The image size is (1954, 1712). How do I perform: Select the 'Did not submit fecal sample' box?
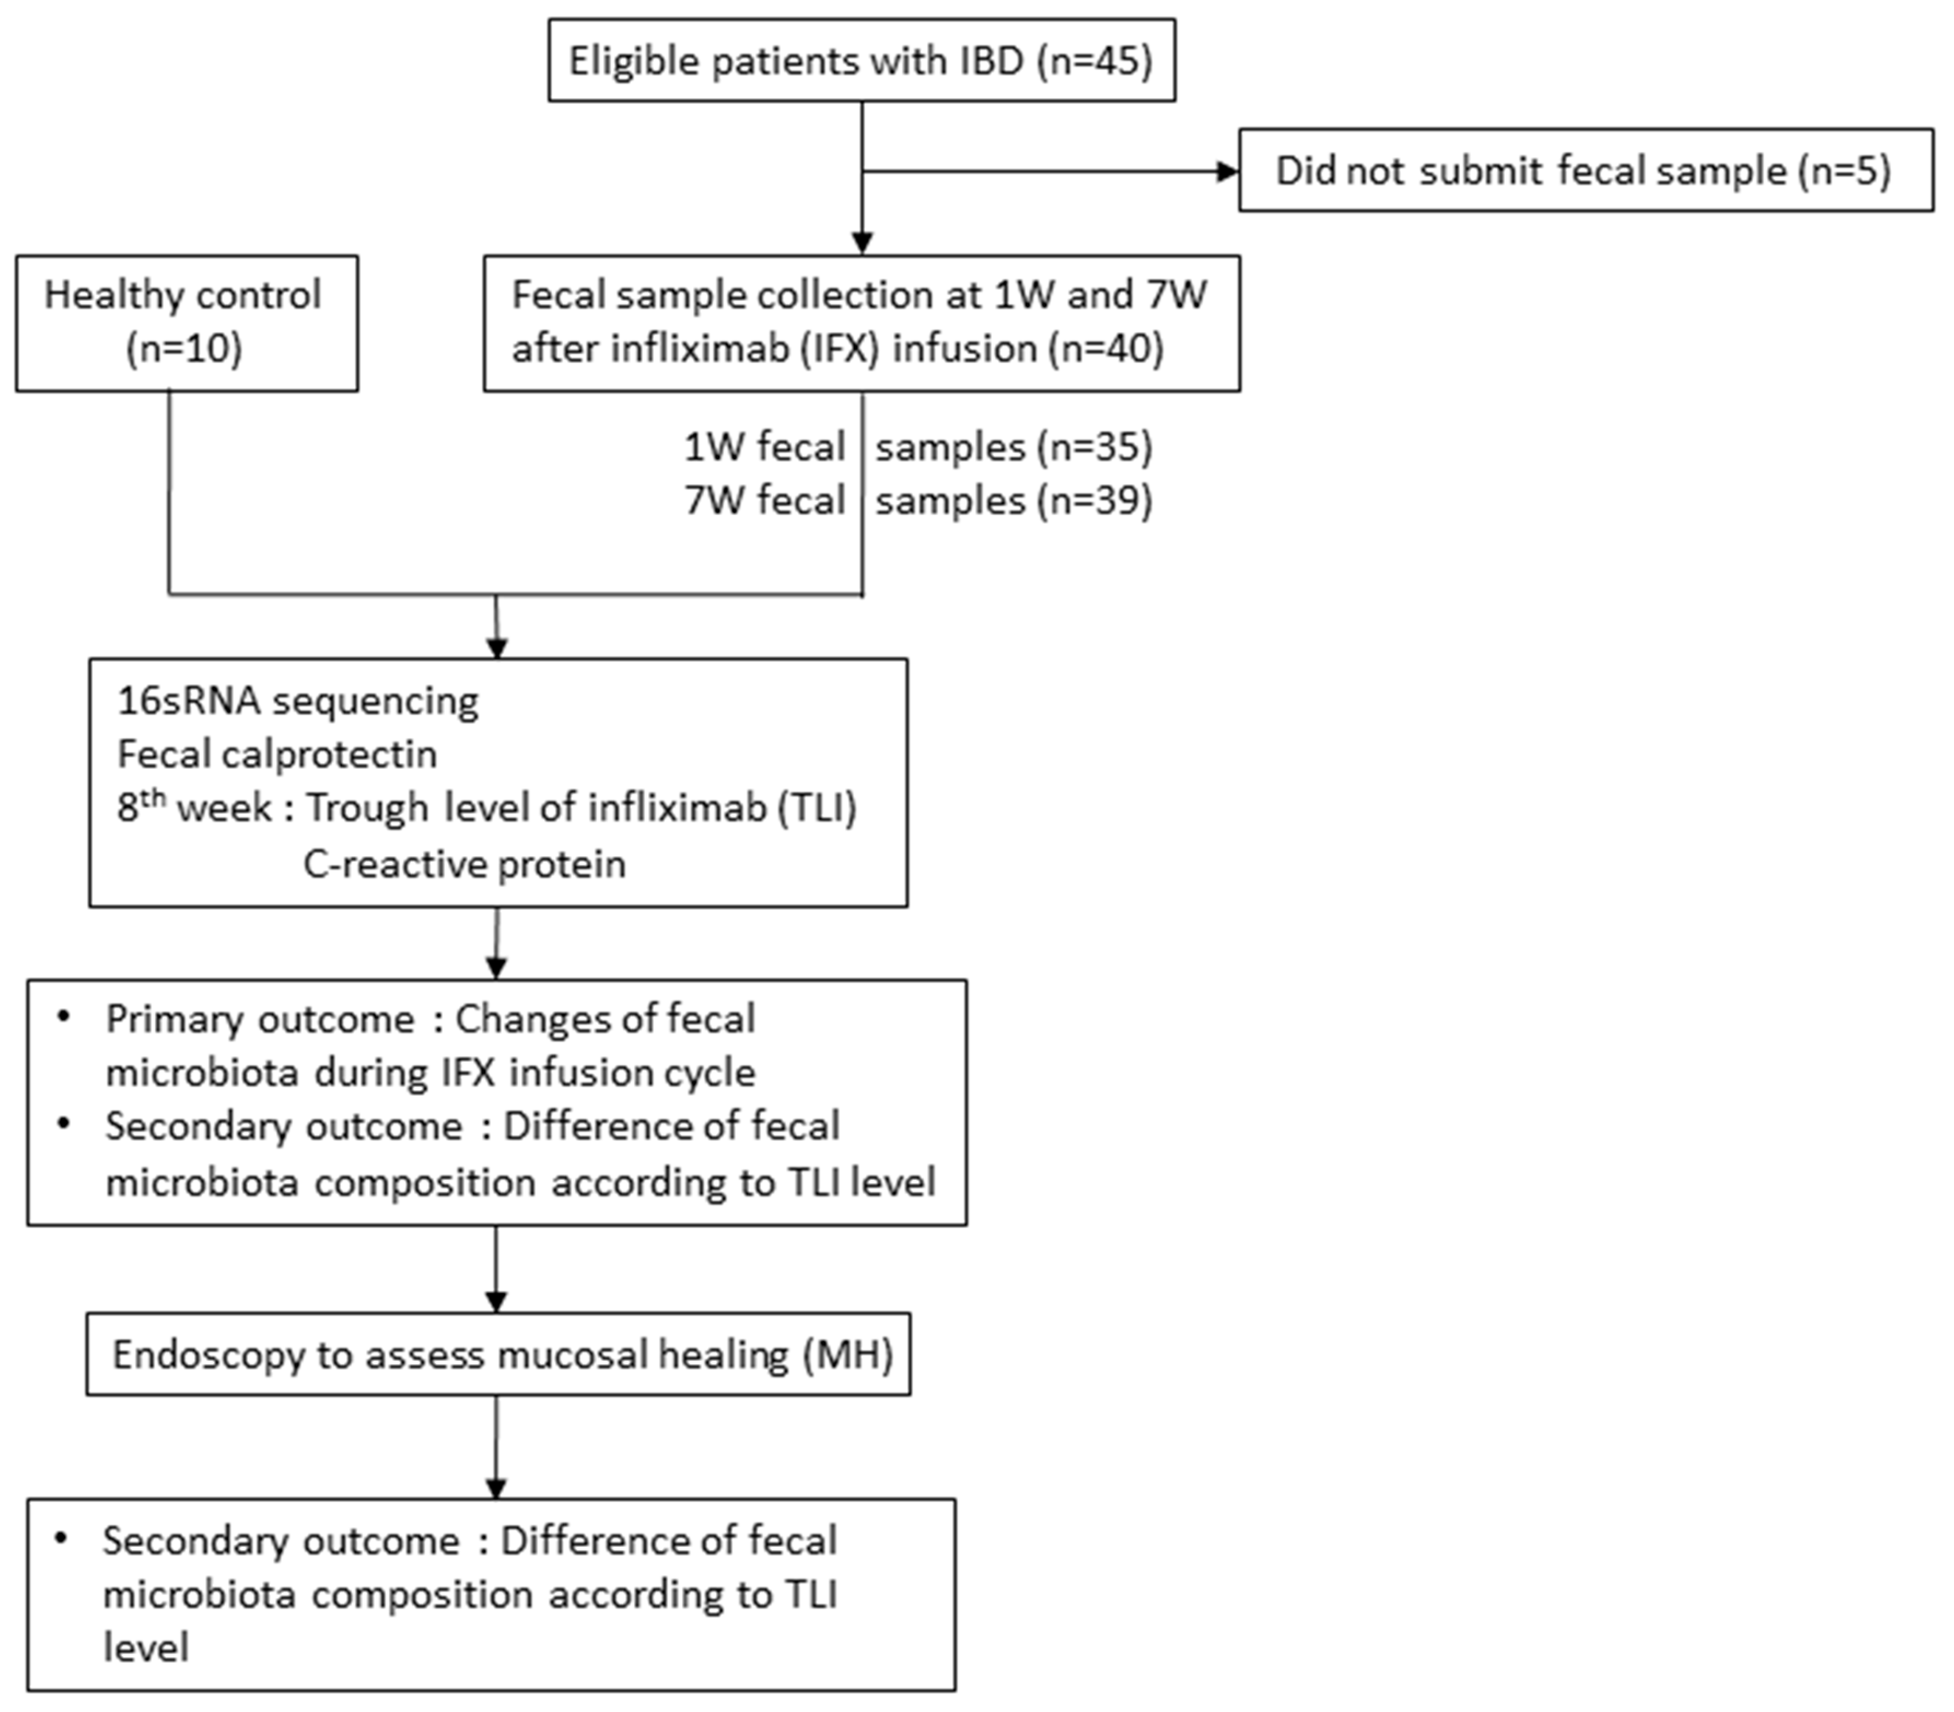[x=1586, y=170]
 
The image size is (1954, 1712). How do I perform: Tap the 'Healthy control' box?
[x=186, y=323]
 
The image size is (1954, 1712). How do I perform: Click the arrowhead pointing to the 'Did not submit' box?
[x=1227, y=172]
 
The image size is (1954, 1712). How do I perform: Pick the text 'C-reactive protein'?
[x=464, y=863]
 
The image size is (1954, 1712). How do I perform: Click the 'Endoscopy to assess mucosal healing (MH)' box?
[x=498, y=1354]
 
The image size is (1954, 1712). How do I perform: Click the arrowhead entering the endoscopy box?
[x=496, y=1302]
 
